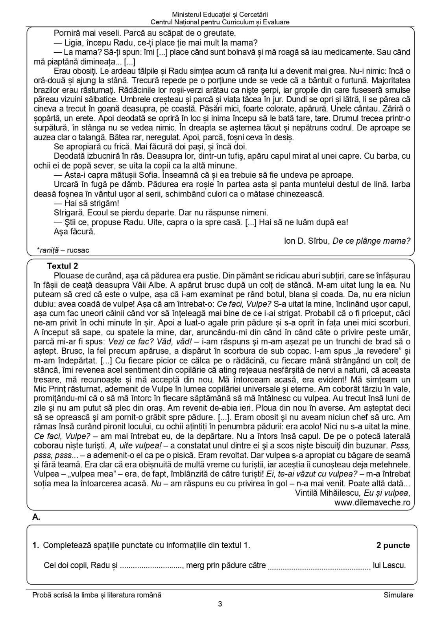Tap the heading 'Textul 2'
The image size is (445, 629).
tap(62, 266)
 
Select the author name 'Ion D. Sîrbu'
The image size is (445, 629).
tap(307, 241)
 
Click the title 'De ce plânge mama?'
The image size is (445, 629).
tap(371, 241)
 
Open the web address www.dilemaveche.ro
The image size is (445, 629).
tap(372, 502)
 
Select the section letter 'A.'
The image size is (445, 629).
tap(36, 517)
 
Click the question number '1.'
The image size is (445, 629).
tap(36, 545)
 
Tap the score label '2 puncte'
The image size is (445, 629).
tap(393, 545)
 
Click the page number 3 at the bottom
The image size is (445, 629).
tap(220, 604)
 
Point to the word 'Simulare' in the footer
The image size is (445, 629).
tap(398, 595)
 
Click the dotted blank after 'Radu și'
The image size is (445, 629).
tap(151, 566)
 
